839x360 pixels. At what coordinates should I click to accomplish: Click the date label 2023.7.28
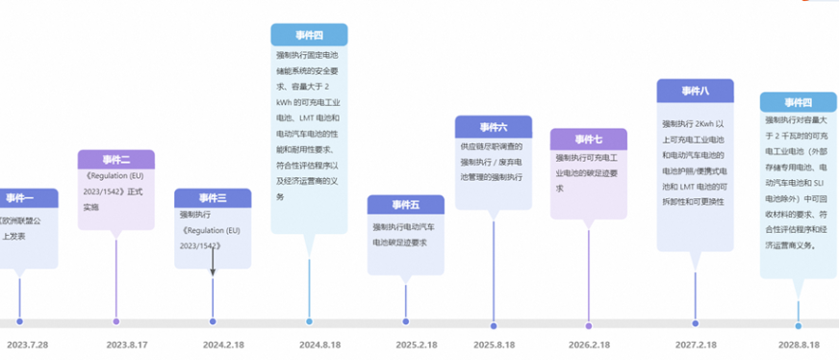click(27, 344)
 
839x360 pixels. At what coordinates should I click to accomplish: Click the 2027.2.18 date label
click(695, 344)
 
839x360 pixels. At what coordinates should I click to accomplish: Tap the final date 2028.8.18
click(798, 344)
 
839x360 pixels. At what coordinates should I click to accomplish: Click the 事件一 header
click(20, 198)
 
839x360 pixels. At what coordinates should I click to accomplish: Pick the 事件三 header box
click(213, 198)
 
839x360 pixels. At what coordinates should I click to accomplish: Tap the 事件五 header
click(405, 205)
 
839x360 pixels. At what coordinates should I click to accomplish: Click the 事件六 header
click(494, 127)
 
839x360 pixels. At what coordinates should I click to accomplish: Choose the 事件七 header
click(588, 140)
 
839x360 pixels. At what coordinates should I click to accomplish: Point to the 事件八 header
click(695, 90)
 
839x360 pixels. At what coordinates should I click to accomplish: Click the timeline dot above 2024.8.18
click(309, 321)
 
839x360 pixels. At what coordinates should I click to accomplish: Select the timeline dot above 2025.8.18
click(494, 325)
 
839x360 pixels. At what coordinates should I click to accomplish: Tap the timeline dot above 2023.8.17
click(116, 321)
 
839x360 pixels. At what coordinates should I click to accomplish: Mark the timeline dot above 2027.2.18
click(695, 324)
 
